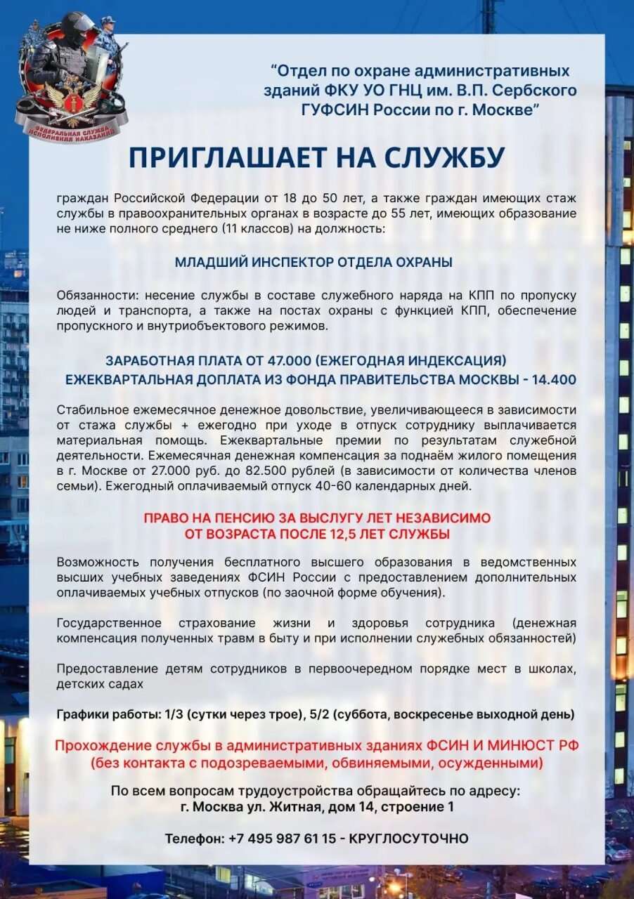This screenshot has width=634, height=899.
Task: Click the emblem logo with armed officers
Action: click(70, 77)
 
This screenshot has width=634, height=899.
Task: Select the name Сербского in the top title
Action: click(536, 91)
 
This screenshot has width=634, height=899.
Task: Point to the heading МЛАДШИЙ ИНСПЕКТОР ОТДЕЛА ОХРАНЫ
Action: click(313, 262)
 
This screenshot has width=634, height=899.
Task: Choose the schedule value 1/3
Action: click(171, 714)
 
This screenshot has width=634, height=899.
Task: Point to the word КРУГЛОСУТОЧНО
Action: click(409, 839)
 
